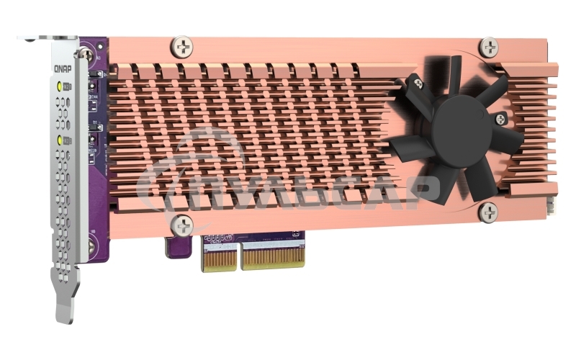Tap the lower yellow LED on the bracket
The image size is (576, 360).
point(59,138)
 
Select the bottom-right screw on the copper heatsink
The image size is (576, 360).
point(488,212)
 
